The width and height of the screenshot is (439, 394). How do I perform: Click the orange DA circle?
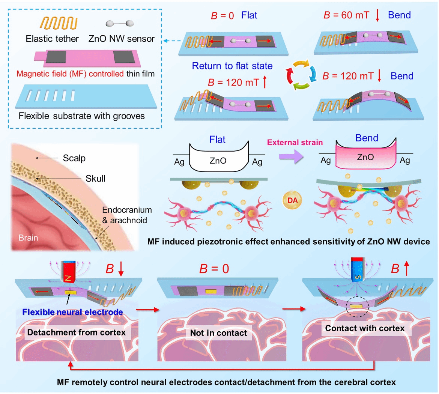[292, 200]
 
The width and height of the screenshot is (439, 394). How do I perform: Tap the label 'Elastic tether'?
[52, 39]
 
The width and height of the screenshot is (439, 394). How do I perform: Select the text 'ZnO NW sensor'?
[122, 39]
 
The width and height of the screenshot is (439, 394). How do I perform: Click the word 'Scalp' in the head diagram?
[74, 158]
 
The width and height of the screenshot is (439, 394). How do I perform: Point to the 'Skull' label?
[95, 178]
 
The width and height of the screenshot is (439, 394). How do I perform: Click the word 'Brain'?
[28, 238]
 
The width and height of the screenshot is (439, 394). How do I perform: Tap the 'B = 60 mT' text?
[346, 15]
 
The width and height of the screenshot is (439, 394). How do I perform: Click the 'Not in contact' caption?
[218, 333]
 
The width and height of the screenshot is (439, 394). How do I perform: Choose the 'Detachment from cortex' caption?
[77, 332]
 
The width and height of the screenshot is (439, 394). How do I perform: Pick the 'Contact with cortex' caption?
[365, 328]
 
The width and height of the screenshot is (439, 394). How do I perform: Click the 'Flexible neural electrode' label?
[72, 312]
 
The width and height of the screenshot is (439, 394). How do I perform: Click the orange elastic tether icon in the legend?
[59, 23]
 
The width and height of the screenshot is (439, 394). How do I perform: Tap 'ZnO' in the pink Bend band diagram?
[365, 157]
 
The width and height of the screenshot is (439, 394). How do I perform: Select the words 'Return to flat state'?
[232, 66]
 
